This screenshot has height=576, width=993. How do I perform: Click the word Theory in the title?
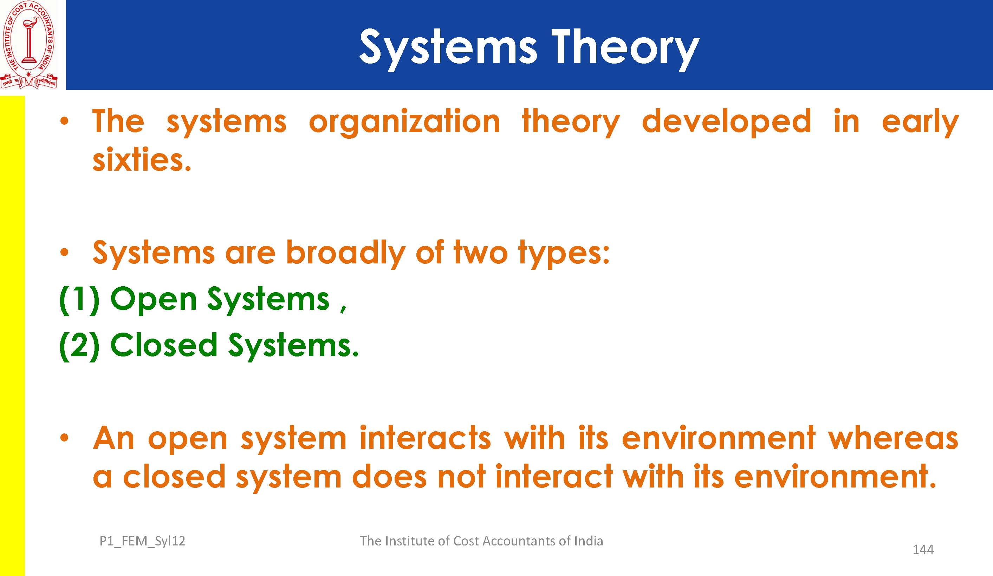pos(625,49)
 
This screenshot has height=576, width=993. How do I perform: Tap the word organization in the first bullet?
pos(404,122)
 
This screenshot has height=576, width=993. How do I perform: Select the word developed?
pos(726,122)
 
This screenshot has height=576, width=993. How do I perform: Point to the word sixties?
pos(142,159)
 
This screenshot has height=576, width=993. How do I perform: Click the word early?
pos(920,122)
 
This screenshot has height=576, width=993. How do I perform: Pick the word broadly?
pos(345,253)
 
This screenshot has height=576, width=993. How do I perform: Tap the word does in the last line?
pos(389,476)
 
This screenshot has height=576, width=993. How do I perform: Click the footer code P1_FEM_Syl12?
pos(142,541)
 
